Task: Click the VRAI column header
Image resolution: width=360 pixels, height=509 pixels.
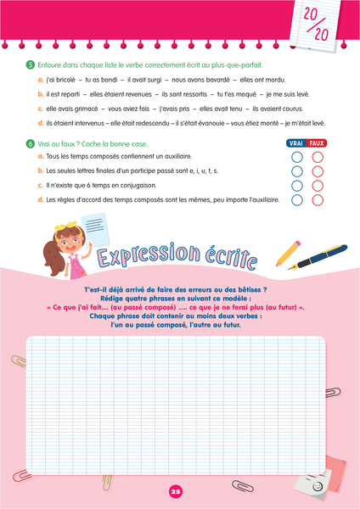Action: click(x=296, y=144)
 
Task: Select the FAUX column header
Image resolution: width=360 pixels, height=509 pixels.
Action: click(x=317, y=144)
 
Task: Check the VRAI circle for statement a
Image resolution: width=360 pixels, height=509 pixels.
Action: click(x=296, y=157)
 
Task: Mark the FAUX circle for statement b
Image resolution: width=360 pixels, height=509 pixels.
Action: click(x=318, y=171)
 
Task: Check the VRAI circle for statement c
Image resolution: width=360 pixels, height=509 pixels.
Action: click(x=296, y=186)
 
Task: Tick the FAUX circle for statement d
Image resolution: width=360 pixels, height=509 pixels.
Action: click(x=318, y=200)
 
